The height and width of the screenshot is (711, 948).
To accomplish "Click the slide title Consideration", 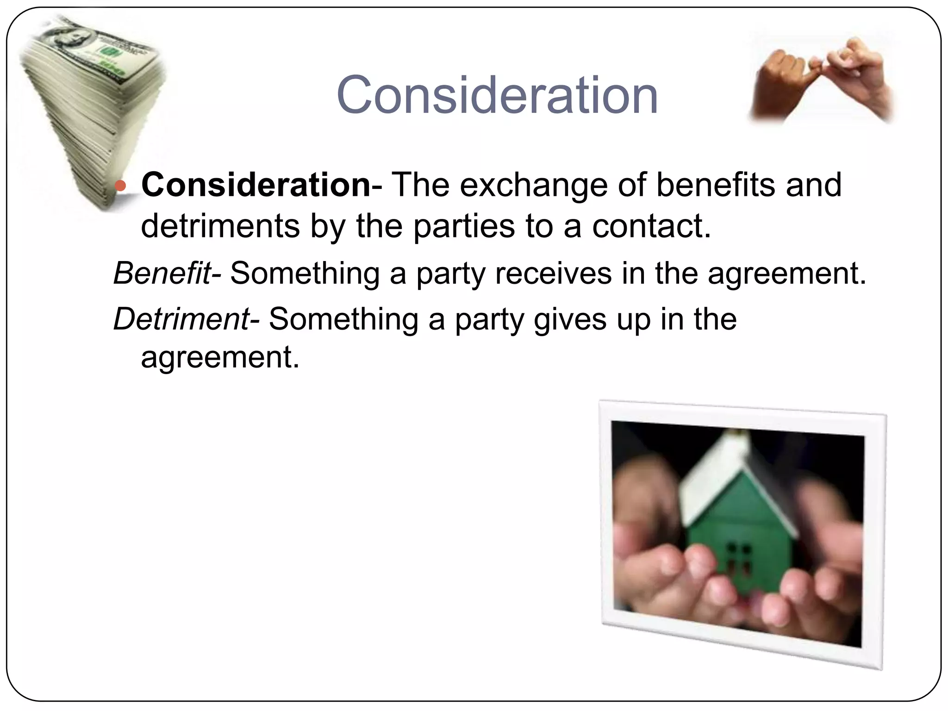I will tap(497, 96).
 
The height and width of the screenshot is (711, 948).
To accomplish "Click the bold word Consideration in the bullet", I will tap(256, 185).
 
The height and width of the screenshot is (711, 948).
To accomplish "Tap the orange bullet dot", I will tap(120, 186).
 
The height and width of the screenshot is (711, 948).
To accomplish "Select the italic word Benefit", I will tap(162, 273).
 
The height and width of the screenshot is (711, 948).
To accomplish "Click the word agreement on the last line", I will tap(220, 358).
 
